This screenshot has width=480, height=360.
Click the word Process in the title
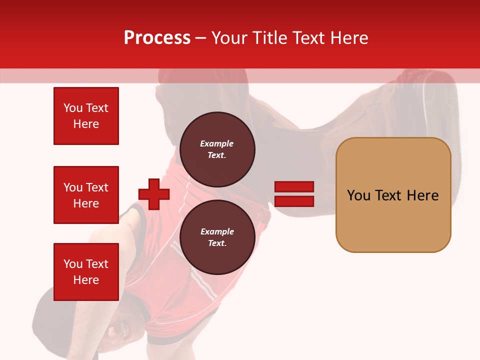pos(157,38)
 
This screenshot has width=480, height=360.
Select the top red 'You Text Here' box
pos(86,116)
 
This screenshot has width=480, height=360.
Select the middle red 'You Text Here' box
pos(86,195)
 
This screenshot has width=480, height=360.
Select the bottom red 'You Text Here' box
pos(86,271)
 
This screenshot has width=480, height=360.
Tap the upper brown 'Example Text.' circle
pos(217,149)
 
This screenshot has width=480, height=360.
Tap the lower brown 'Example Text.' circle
pos(217,237)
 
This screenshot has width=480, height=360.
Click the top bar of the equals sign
pos(294,187)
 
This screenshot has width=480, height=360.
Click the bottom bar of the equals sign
pos(294,201)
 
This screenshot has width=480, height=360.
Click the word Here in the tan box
pos(422,195)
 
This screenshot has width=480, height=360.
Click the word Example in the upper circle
pos(216,143)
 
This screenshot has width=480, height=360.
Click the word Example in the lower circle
pos(217,231)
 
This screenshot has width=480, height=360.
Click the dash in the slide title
pos(200,38)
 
